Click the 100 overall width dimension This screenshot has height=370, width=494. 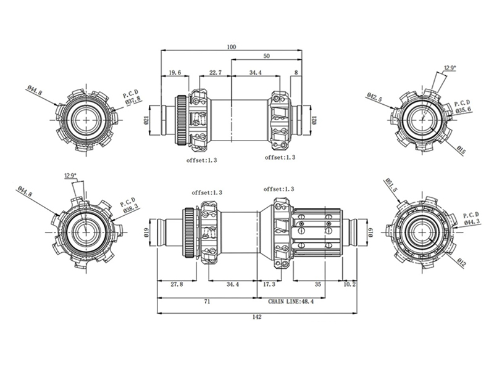click(231, 47)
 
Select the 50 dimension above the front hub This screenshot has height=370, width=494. click(267, 55)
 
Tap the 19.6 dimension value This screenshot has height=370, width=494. click(175, 72)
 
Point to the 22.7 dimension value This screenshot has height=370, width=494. click(216, 72)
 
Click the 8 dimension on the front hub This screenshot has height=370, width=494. click(296, 72)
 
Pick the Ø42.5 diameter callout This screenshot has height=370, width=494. click(375, 97)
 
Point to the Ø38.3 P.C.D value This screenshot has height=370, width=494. click(130, 209)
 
